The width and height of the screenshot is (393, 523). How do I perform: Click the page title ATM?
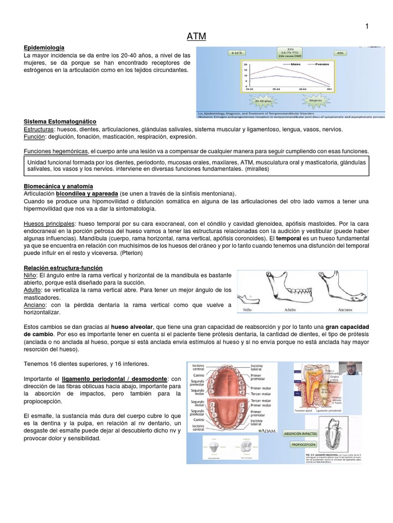(x=196, y=36)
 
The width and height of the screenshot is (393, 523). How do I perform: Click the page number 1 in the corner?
(x=367, y=26)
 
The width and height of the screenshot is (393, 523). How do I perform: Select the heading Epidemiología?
(x=44, y=47)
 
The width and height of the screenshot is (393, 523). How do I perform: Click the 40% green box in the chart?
(x=340, y=53)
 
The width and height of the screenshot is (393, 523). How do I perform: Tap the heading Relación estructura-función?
(x=63, y=268)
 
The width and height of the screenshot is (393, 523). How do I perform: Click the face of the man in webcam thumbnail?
(x=350, y=369)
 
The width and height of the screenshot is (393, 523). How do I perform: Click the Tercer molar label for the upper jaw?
(x=261, y=394)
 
